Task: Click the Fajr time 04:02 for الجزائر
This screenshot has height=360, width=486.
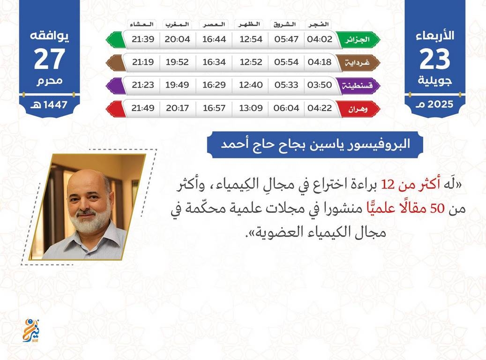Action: pos(320,39)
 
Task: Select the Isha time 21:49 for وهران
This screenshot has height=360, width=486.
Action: pos(143,108)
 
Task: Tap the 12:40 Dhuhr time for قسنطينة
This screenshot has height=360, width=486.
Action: pos(251,85)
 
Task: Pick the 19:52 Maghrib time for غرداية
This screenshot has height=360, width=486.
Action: pos(177,62)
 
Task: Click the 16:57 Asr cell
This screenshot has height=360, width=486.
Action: pos(214,108)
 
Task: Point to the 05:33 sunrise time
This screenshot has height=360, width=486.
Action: pos(286,85)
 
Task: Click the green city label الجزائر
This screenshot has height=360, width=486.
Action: pos(358,40)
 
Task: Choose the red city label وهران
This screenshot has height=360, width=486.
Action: pos(358,109)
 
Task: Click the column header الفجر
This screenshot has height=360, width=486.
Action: pos(318,24)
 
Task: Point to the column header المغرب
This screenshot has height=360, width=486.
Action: pos(177,24)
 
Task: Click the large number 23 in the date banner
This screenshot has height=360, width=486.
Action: pos(434,59)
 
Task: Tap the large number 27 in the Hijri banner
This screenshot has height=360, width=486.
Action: pos(49,59)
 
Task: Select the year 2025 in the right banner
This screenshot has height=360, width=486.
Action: pos(440,104)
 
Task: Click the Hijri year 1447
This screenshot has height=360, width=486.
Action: pos(55,105)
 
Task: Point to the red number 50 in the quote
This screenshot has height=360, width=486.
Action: pos(437,209)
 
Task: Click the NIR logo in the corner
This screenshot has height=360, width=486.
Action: pos(31,330)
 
